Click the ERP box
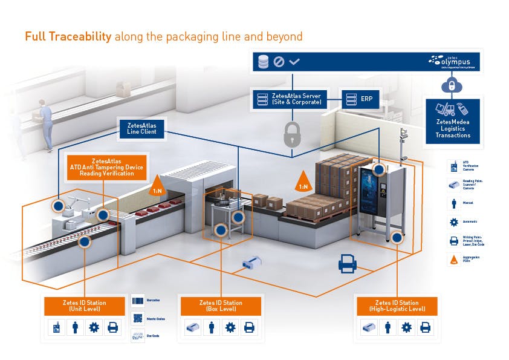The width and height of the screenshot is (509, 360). [x=358, y=99]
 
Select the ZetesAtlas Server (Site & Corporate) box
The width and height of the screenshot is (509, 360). [x=289, y=99]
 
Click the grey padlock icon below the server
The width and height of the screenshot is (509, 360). [x=292, y=135]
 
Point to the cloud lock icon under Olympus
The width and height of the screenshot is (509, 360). [x=449, y=87]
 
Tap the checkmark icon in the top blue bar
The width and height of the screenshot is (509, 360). [x=294, y=62]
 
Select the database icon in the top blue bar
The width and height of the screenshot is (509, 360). [x=263, y=62]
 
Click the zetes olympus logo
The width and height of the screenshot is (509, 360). [x=453, y=61]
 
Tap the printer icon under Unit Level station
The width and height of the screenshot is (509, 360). [x=113, y=328]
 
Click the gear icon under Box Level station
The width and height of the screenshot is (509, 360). [x=230, y=328]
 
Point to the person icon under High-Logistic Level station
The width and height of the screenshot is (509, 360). [x=387, y=328]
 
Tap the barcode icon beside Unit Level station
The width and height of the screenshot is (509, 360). [x=138, y=301]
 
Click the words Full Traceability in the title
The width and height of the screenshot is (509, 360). [x=68, y=36]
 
